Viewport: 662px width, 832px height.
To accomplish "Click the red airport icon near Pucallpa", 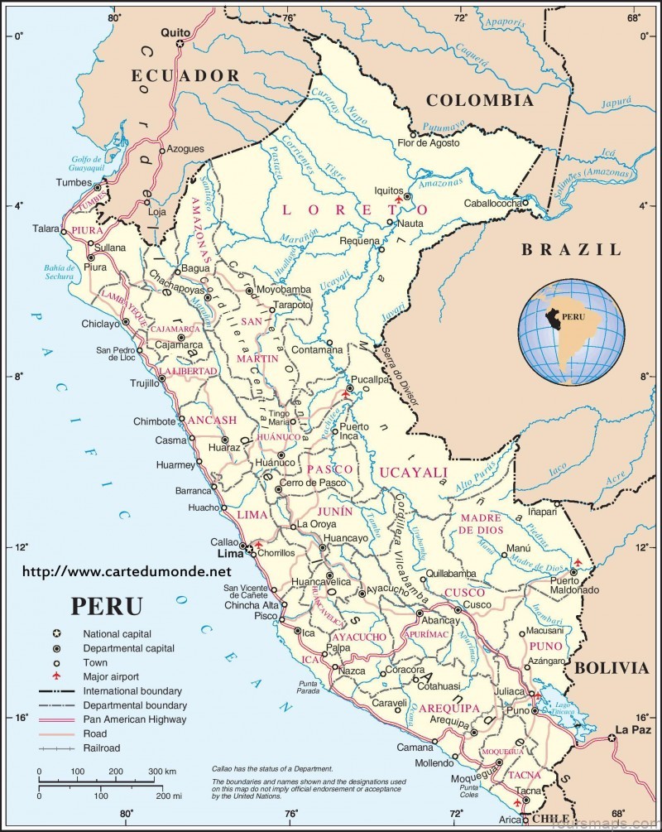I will click(347, 394).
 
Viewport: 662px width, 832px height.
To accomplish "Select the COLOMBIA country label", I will click(479, 100).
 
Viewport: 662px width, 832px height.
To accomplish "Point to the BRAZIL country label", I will click(570, 249).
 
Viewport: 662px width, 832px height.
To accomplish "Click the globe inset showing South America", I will click(572, 331).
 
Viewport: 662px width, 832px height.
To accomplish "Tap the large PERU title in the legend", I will click(106, 605).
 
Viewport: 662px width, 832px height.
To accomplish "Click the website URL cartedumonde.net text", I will click(127, 571).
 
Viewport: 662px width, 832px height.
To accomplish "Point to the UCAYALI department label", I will click(414, 472).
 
